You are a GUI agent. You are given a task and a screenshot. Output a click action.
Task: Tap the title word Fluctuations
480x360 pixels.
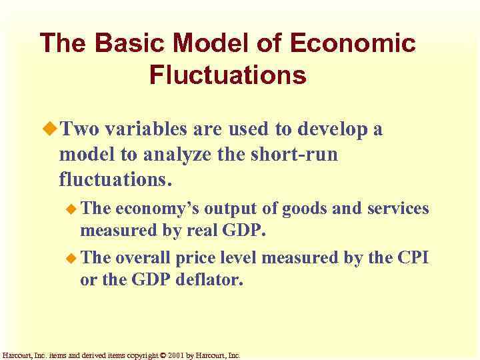tap(228, 75)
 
